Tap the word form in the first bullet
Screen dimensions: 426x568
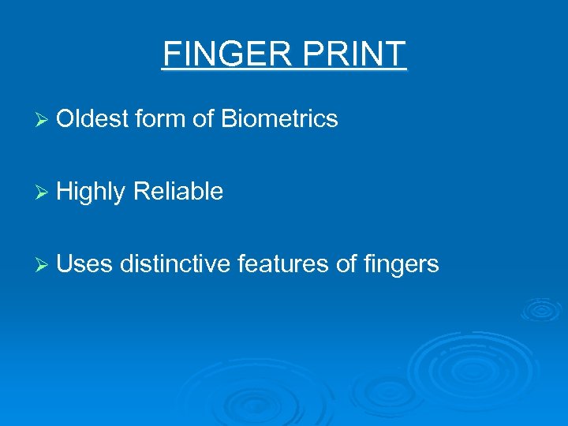[159, 119]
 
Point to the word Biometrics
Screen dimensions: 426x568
[279, 119]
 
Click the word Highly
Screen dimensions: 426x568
[92, 192]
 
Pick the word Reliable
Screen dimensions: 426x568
[178, 191]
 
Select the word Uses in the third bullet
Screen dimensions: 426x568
[85, 263]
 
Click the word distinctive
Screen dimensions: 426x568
[177, 263]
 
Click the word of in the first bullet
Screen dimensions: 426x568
[204, 119]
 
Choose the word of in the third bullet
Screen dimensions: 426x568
[346, 263]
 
